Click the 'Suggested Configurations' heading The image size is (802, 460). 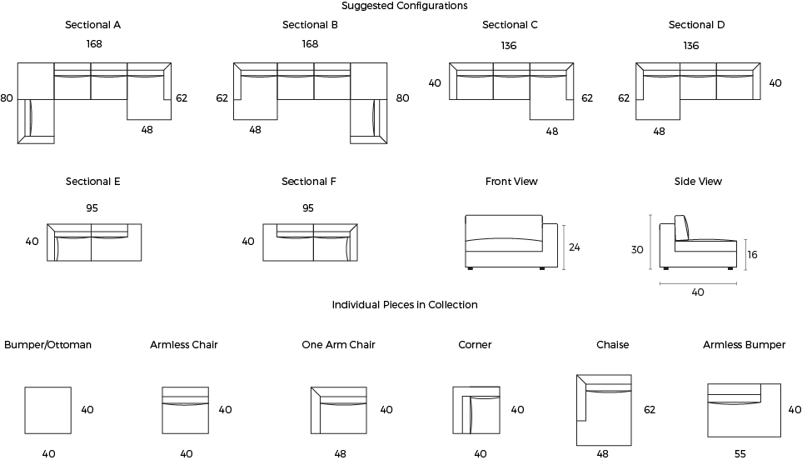click(x=404, y=6)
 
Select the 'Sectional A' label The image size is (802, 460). click(x=92, y=25)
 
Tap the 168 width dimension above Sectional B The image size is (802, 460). click(x=310, y=44)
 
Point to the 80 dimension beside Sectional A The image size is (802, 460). click(x=7, y=97)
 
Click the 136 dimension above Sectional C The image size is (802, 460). click(x=508, y=46)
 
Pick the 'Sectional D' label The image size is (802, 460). click(x=696, y=25)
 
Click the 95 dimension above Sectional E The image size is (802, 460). click(x=92, y=208)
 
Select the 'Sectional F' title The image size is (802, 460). click(x=309, y=182)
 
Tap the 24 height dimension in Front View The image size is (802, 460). click(x=575, y=247)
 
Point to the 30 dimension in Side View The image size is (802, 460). click(x=637, y=250)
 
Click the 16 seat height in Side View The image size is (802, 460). click(x=752, y=255)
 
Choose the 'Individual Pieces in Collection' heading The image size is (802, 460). click(x=405, y=305)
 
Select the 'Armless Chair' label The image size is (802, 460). click(x=183, y=345)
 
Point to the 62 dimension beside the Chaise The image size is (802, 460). click(x=650, y=410)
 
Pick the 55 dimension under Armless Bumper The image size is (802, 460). click(x=740, y=454)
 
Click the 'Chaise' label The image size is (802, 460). click(x=612, y=345)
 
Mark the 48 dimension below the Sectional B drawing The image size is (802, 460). click(x=255, y=130)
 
